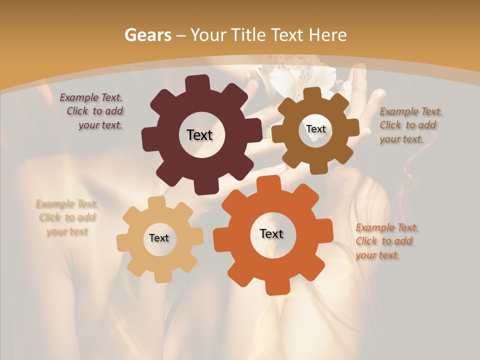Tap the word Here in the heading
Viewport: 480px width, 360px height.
(327, 35)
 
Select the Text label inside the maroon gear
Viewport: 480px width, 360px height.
(199, 135)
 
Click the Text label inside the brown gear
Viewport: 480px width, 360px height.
(315, 129)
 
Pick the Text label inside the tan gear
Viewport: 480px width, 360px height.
(159, 238)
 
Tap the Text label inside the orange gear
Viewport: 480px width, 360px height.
(271, 233)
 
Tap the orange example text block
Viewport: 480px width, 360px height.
(386, 241)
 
